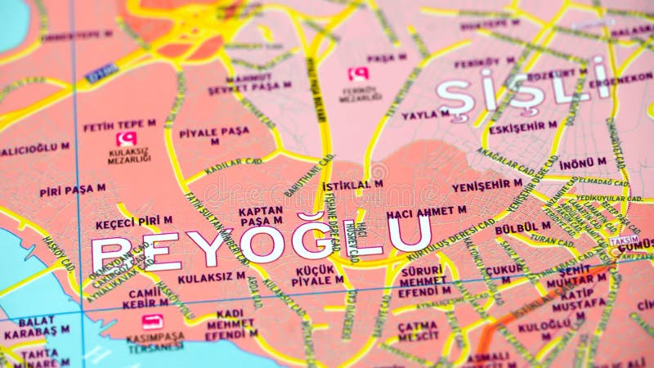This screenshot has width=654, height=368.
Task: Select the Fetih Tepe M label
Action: [119, 126]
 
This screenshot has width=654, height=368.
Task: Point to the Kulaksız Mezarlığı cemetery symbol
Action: [126, 139]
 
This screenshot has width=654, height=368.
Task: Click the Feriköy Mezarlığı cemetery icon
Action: [358, 74]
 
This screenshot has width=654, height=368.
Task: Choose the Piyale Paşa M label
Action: [214, 135]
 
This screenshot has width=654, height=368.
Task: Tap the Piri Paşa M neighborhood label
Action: [73, 190]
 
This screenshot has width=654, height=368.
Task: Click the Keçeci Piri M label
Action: [134, 222]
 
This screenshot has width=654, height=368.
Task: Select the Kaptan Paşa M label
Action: [261, 215]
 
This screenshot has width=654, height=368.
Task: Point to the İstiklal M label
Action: [352, 186]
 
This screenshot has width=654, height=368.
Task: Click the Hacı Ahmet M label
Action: [426, 210]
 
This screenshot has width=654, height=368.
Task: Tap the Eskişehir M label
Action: [522, 128]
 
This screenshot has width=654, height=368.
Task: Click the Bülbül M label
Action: [522, 227]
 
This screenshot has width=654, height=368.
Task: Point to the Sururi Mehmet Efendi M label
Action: [423, 281]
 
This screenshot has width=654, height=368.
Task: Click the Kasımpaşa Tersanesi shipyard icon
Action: [153, 321]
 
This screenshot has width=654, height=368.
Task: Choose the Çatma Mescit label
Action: [418, 330]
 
